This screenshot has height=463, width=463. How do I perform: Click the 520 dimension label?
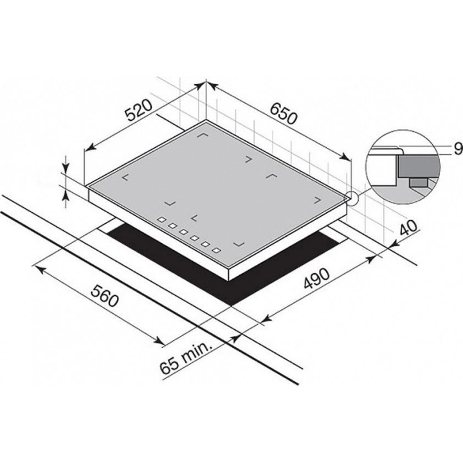pyautogui.click(x=138, y=111)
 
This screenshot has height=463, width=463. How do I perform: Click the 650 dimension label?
pyautogui.click(x=283, y=114)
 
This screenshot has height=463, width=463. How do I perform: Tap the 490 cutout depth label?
pyautogui.click(x=316, y=278)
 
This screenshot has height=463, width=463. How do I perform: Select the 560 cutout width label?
pyautogui.click(x=105, y=296)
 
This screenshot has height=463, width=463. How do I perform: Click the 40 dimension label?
pyautogui.click(x=408, y=228)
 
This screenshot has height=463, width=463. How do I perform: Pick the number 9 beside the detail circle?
pyautogui.click(x=458, y=149)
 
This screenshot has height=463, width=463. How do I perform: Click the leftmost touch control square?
pyautogui.click(x=161, y=219)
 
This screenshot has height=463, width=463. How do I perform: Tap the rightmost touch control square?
pyautogui.click(x=217, y=250)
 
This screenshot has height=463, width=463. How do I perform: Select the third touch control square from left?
pyautogui.click(x=183, y=232)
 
